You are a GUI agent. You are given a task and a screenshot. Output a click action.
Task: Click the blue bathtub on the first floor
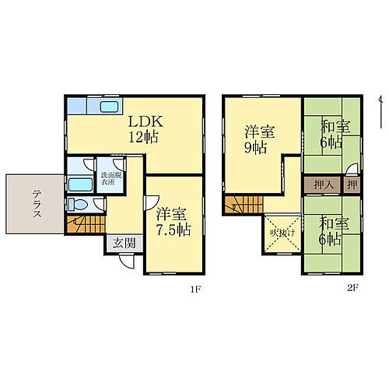tap(80, 185)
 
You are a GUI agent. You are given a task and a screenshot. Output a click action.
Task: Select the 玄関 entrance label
tap(124, 243)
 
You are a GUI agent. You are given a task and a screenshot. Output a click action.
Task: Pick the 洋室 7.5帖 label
tap(172, 222)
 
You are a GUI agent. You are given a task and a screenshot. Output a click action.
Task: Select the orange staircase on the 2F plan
tap(240, 205)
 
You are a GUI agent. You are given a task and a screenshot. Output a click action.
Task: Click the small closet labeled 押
tap(352, 186)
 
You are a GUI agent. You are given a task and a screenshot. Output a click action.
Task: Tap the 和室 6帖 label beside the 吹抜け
tap(333, 232)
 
